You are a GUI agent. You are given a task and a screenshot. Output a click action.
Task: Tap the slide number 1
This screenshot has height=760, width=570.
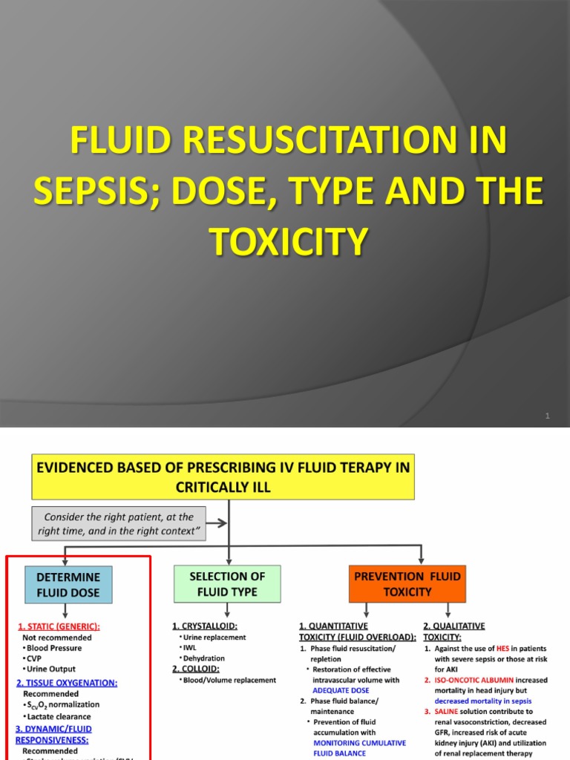coord(547,416)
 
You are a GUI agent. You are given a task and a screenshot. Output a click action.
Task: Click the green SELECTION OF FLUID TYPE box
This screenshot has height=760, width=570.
coord(228,584)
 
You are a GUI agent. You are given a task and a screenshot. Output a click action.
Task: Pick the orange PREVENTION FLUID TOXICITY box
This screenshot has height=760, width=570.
coord(407,584)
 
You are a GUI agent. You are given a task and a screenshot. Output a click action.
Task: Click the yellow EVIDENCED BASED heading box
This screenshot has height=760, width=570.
coord(222,476)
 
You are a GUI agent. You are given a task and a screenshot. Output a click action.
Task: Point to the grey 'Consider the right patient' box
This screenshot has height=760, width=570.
coord(119,524)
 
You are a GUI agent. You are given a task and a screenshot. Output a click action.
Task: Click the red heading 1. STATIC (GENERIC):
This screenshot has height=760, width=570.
coord(59,626)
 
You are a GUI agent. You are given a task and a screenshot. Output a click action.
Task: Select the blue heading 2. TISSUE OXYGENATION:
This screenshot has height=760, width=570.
coord(67,683)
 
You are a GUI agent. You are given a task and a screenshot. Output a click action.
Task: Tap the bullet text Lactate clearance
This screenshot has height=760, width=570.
coord(59,716)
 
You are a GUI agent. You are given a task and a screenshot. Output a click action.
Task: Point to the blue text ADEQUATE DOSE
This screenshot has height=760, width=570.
coord(341,690)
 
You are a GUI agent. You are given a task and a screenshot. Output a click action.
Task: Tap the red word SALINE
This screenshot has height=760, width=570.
coord(448,711)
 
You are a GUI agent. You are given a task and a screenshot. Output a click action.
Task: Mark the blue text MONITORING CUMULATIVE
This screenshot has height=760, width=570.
coord(359,742)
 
